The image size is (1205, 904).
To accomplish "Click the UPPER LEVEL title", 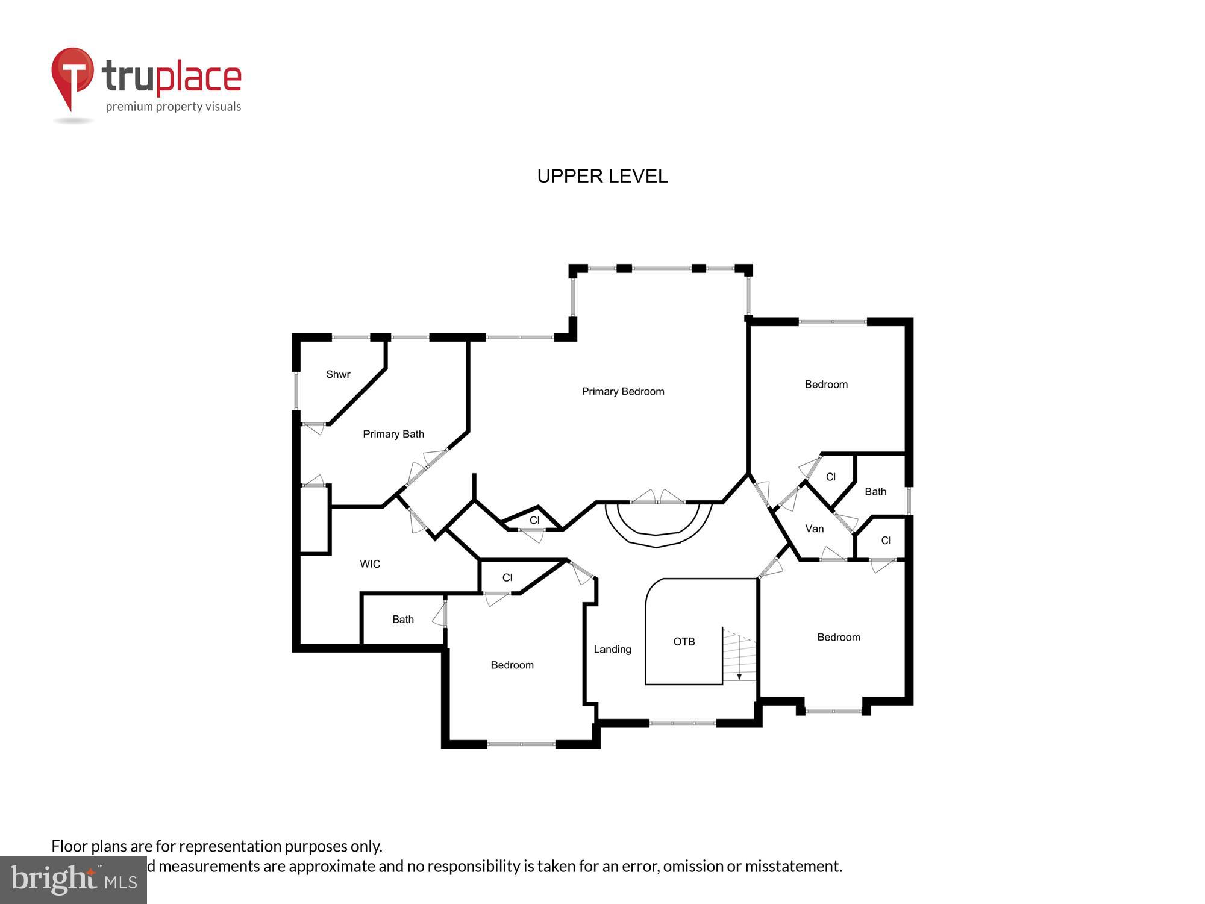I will tap(602, 176).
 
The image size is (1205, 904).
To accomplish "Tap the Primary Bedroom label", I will tap(622, 391).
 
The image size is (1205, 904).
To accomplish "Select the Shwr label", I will tap(338, 374).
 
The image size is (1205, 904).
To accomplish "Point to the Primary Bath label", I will tap(393, 434).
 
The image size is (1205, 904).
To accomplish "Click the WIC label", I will tap(370, 563).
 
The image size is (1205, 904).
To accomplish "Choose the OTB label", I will tap(684, 641).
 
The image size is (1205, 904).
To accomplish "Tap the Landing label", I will tap(612, 649).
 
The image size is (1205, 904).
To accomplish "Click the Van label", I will tap(814, 529).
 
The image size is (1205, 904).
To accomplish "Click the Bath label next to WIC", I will tap(402, 619).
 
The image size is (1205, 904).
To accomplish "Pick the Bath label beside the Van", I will tap(875, 491).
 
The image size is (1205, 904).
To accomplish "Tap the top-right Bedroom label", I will tap(826, 384).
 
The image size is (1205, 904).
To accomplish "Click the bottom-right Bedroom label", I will tap(838, 637).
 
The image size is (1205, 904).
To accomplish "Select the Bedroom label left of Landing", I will tap(512, 665).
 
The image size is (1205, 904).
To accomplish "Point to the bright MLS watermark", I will tap(74, 880).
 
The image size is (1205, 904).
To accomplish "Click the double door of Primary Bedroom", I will tap(657, 498).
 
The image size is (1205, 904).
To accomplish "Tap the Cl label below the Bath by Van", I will tap(886, 540).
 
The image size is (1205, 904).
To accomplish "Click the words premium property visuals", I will tap(174, 107).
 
